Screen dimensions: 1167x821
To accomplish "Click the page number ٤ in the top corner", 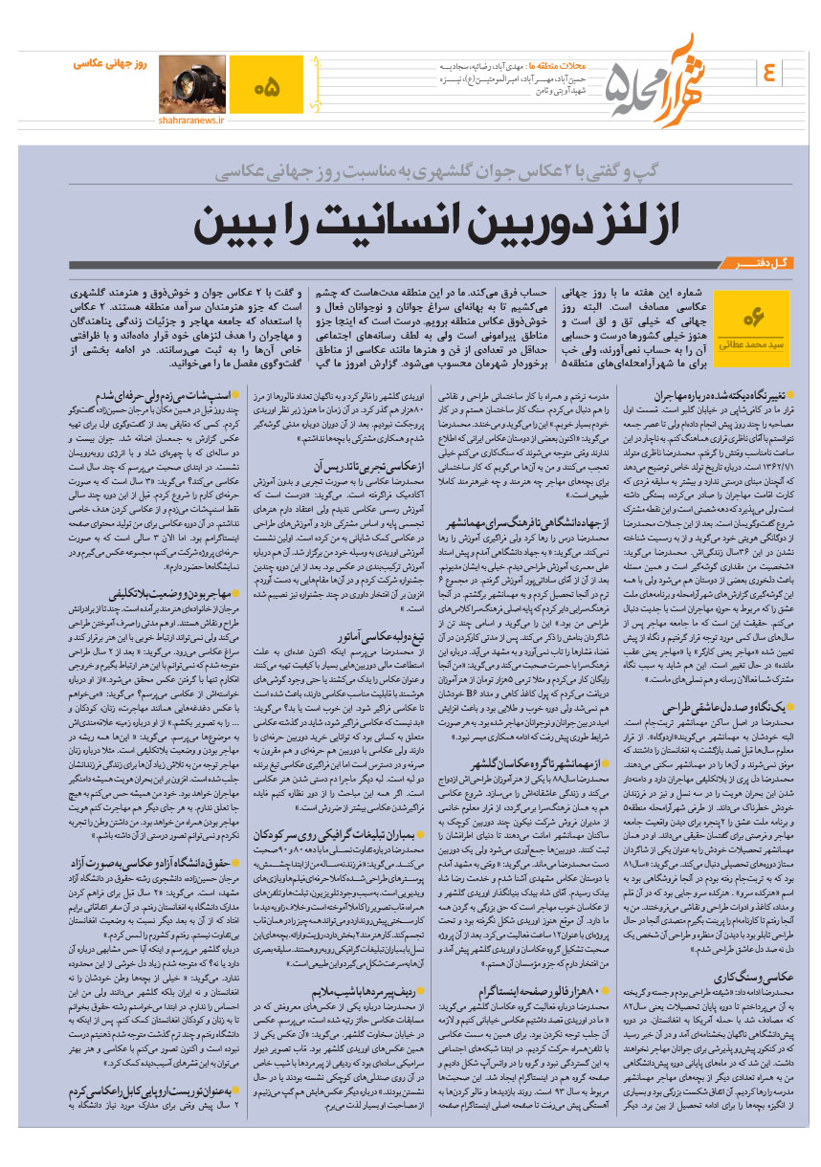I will (x=770, y=71).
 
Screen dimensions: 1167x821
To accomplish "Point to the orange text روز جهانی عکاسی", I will (x=109, y=63).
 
